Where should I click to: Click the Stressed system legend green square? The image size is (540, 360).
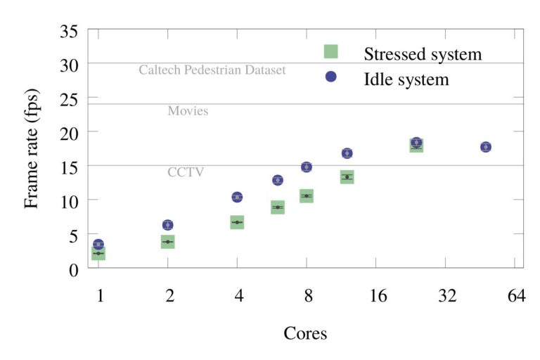point(330,51)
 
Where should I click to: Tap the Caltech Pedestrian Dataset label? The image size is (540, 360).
point(212,70)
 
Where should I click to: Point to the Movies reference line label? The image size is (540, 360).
point(188,111)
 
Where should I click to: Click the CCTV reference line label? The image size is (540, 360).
point(186,172)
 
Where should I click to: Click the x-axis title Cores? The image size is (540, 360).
point(305,333)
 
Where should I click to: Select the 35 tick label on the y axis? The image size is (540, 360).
point(68,31)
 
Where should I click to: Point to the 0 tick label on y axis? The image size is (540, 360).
point(73,269)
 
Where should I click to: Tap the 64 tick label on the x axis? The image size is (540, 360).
point(516,296)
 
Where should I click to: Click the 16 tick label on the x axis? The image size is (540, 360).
point(378,296)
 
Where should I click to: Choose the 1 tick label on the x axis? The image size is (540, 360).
point(101,296)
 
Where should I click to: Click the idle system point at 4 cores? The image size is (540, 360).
point(237,197)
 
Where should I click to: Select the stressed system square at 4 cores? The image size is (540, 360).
point(237,222)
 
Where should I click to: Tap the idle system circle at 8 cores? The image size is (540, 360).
point(306,167)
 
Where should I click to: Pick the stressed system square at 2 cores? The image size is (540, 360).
point(167,242)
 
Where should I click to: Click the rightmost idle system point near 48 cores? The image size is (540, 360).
point(485,147)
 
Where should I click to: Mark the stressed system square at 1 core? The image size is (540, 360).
point(98,253)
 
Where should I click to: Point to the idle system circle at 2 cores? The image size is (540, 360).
point(167,225)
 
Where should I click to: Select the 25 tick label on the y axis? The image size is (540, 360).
point(68,98)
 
